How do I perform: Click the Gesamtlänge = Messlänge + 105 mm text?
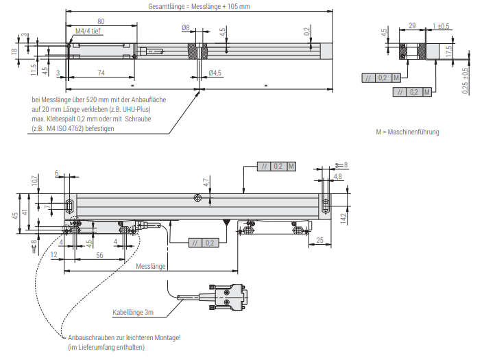coord(199,6)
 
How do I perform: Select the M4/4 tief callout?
coord(87,31)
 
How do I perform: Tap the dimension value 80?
coord(101,21)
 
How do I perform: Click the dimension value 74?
coord(101,72)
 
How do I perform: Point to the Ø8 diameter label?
coord(186,27)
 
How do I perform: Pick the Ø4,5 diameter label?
coord(215,73)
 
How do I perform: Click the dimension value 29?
coord(411,25)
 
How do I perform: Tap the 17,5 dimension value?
coord(448,52)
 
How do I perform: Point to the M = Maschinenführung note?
coord(407,132)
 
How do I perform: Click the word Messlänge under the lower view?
coord(150,266)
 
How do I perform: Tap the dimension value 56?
coord(99,254)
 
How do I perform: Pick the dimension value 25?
coord(319,240)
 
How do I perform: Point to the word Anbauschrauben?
coord(89,338)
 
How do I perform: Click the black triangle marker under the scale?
coord(226,223)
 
